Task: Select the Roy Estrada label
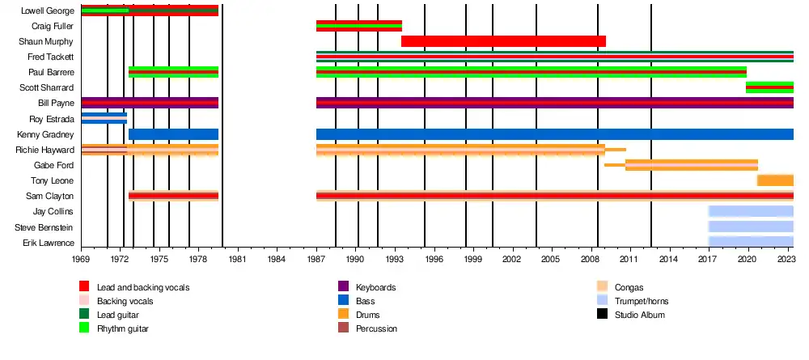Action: [x=53, y=119]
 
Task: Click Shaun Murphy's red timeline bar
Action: [x=503, y=41]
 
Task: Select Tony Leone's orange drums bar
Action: [x=775, y=180]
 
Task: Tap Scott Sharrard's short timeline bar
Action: [x=769, y=87]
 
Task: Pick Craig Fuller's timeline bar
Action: [x=358, y=26]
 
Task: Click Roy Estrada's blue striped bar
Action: [x=104, y=119]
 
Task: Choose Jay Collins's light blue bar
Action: [x=751, y=211]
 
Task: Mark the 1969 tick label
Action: [x=81, y=259]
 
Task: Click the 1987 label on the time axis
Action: [x=316, y=259]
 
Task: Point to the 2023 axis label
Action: [x=786, y=259]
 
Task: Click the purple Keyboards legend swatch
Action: [x=343, y=287]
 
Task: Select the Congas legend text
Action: [x=629, y=287]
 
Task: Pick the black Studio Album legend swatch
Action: [x=602, y=315]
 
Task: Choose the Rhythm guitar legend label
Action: [x=123, y=328]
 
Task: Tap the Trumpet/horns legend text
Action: [x=642, y=301]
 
